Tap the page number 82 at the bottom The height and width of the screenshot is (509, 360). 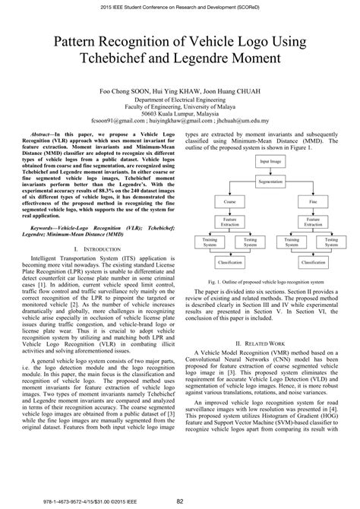coord(180,501)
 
